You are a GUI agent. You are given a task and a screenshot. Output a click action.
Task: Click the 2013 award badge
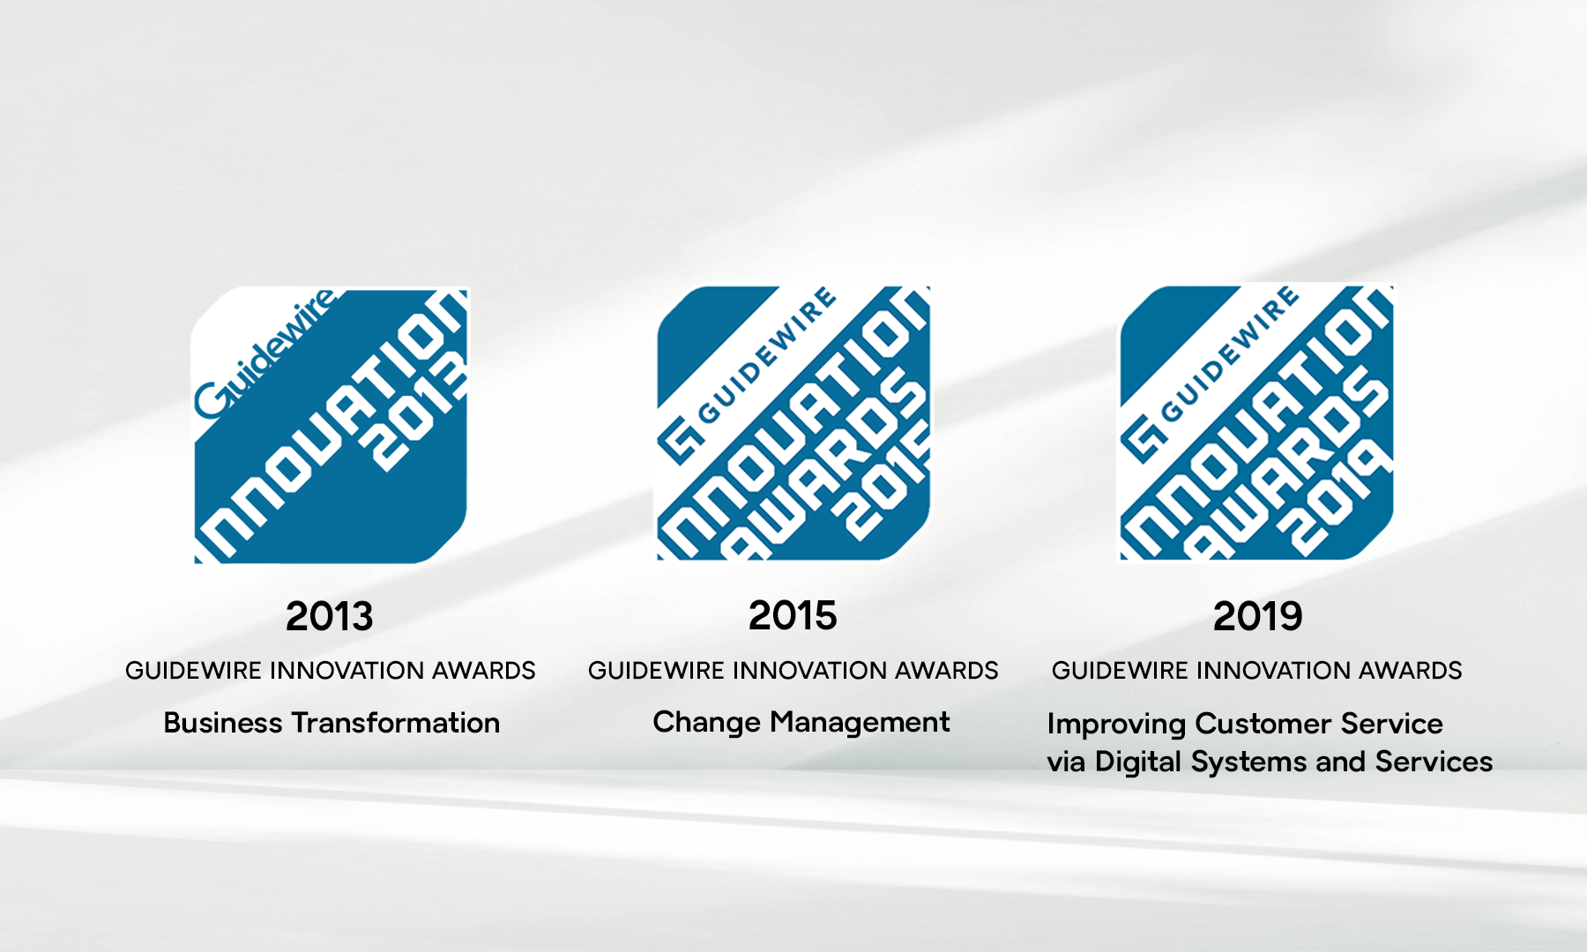(330, 425)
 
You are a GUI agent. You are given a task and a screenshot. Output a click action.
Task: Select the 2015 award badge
(793, 423)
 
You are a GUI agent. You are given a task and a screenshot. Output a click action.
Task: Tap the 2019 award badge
(1256, 421)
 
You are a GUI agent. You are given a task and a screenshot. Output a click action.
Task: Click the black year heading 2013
(330, 616)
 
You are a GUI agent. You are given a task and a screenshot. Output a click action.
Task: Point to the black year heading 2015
(793, 615)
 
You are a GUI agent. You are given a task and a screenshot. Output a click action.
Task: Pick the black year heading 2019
(1257, 616)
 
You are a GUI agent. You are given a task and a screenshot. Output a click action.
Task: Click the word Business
(223, 723)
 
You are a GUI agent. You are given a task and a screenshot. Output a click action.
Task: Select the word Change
(706, 722)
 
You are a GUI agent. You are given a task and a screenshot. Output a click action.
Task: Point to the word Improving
(1116, 724)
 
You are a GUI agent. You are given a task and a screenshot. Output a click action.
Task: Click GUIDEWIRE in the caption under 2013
(193, 671)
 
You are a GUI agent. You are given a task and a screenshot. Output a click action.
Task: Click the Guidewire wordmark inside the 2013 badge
(265, 353)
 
